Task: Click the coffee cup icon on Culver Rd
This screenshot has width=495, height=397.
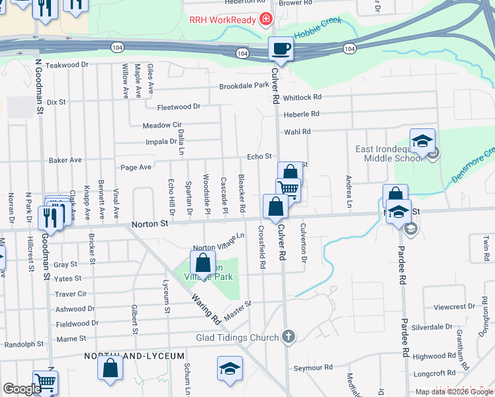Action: click(x=281, y=49)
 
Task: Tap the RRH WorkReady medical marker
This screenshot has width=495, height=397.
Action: click(x=266, y=20)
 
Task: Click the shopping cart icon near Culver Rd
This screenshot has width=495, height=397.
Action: click(x=288, y=189)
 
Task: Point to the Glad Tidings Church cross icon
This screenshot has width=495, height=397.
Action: click(x=287, y=337)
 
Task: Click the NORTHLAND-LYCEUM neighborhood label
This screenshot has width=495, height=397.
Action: click(x=134, y=356)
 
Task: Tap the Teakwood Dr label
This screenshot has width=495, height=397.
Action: click(x=67, y=65)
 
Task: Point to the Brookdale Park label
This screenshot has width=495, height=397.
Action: click(x=244, y=86)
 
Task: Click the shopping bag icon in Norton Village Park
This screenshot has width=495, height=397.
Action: click(x=202, y=262)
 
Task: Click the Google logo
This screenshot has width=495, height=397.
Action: click(x=22, y=389)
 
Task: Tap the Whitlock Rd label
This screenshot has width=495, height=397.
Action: click(x=302, y=97)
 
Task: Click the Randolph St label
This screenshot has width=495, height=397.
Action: click(x=24, y=344)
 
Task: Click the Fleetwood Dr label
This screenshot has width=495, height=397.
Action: click(x=179, y=107)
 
